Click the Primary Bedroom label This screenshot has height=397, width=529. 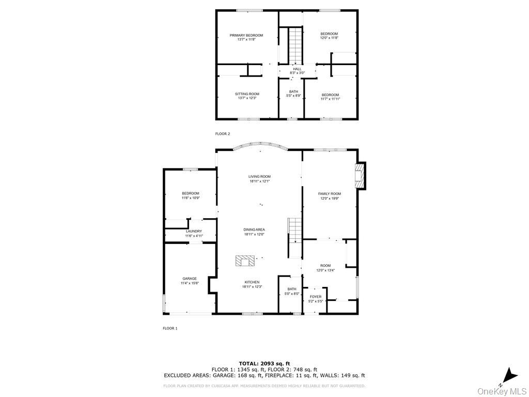pyautogui.click(x=246, y=36)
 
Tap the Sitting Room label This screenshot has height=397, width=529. pyautogui.click(x=247, y=94)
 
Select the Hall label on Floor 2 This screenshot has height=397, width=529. pyautogui.click(x=297, y=69)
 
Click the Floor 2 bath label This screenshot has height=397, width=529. pyautogui.click(x=293, y=91)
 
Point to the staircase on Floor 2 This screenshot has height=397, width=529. pyautogui.click(x=294, y=45)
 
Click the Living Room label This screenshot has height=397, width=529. pyautogui.click(x=259, y=177)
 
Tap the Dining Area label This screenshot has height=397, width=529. pyautogui.click(x=254, y=230)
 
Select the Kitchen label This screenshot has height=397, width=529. pyautogui.click(x=252, y=282)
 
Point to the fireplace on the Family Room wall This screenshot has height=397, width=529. pyautogui.click(x=361, y=176)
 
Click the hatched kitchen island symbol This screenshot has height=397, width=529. pyautogui.click(x=245, y=261)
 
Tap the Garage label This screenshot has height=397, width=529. pyautogui.click(x=189, y=279)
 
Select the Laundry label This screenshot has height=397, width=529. pyautogui.click(x=194, y=232)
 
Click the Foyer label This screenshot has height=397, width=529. pyautogui.click(x=315, y=297)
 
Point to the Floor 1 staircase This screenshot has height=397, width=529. pyautogui.click(x=294, y=231)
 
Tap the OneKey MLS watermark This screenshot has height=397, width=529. pyautogui.click(x=502, y=391)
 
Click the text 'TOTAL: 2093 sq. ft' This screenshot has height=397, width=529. pyautogui.click(x=264, y=363)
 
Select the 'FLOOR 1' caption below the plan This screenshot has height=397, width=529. pyautogui.click(x=170, y=328)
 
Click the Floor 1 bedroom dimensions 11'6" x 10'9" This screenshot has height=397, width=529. pyautogui.click(x=190, y=197)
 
